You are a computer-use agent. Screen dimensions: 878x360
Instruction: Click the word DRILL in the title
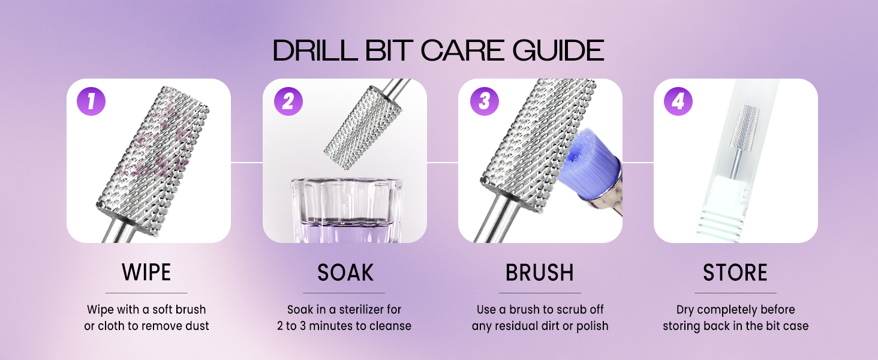[x=315, y=50]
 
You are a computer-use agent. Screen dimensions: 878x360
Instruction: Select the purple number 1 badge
[x=91, y=101]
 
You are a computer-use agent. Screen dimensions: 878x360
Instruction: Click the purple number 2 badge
[x=288, y=101]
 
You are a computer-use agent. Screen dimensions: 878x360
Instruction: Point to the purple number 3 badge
[x=484, y=101]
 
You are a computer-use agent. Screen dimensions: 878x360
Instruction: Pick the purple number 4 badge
[x=678, y=101]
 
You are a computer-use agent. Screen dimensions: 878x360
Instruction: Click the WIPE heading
[x=146, y=272]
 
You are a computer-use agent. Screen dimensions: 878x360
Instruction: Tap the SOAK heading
[x=345, y=272]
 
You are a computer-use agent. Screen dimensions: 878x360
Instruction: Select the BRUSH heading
[x=539, y=272]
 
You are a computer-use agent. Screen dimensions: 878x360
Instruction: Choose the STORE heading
[x=735, y=272]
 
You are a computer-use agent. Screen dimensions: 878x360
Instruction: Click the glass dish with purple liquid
[x=346, y=210]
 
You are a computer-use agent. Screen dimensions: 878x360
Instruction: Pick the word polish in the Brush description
[x=593, y=326]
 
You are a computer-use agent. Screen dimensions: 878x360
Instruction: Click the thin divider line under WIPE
[x=146, y=293]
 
